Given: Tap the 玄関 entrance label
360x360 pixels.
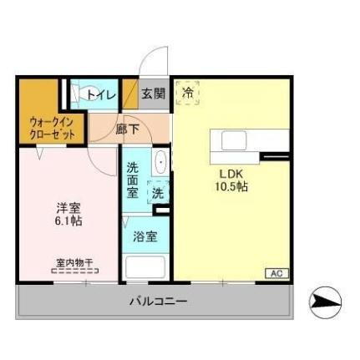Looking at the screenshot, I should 153,94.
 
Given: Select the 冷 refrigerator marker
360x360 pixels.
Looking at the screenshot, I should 189,94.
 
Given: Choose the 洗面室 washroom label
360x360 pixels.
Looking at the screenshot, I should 134,178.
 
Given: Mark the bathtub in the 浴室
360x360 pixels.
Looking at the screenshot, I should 145,268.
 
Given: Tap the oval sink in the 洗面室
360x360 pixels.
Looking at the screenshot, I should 161,163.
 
